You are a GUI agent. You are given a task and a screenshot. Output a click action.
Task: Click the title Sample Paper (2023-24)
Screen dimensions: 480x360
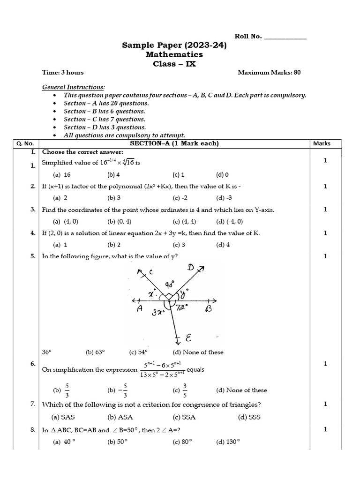(x=174, y=45)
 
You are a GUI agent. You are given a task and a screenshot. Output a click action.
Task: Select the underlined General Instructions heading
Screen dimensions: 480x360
(x=74, y=87)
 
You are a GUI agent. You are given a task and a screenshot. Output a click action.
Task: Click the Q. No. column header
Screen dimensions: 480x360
(x=26, y=144)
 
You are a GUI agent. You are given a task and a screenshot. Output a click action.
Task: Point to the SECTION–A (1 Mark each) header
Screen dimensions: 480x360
(x=174, y=144)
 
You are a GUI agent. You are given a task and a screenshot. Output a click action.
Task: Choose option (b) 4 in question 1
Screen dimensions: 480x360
(x=114, y=175)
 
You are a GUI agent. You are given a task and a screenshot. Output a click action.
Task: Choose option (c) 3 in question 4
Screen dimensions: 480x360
(x=179, y=245)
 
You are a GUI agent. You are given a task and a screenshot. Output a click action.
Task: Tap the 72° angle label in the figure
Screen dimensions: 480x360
(x=182, y=307)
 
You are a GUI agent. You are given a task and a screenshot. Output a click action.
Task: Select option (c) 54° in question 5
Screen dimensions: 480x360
(x=138, y=352)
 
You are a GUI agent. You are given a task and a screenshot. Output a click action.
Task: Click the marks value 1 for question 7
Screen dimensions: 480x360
(x=325, y=404)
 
